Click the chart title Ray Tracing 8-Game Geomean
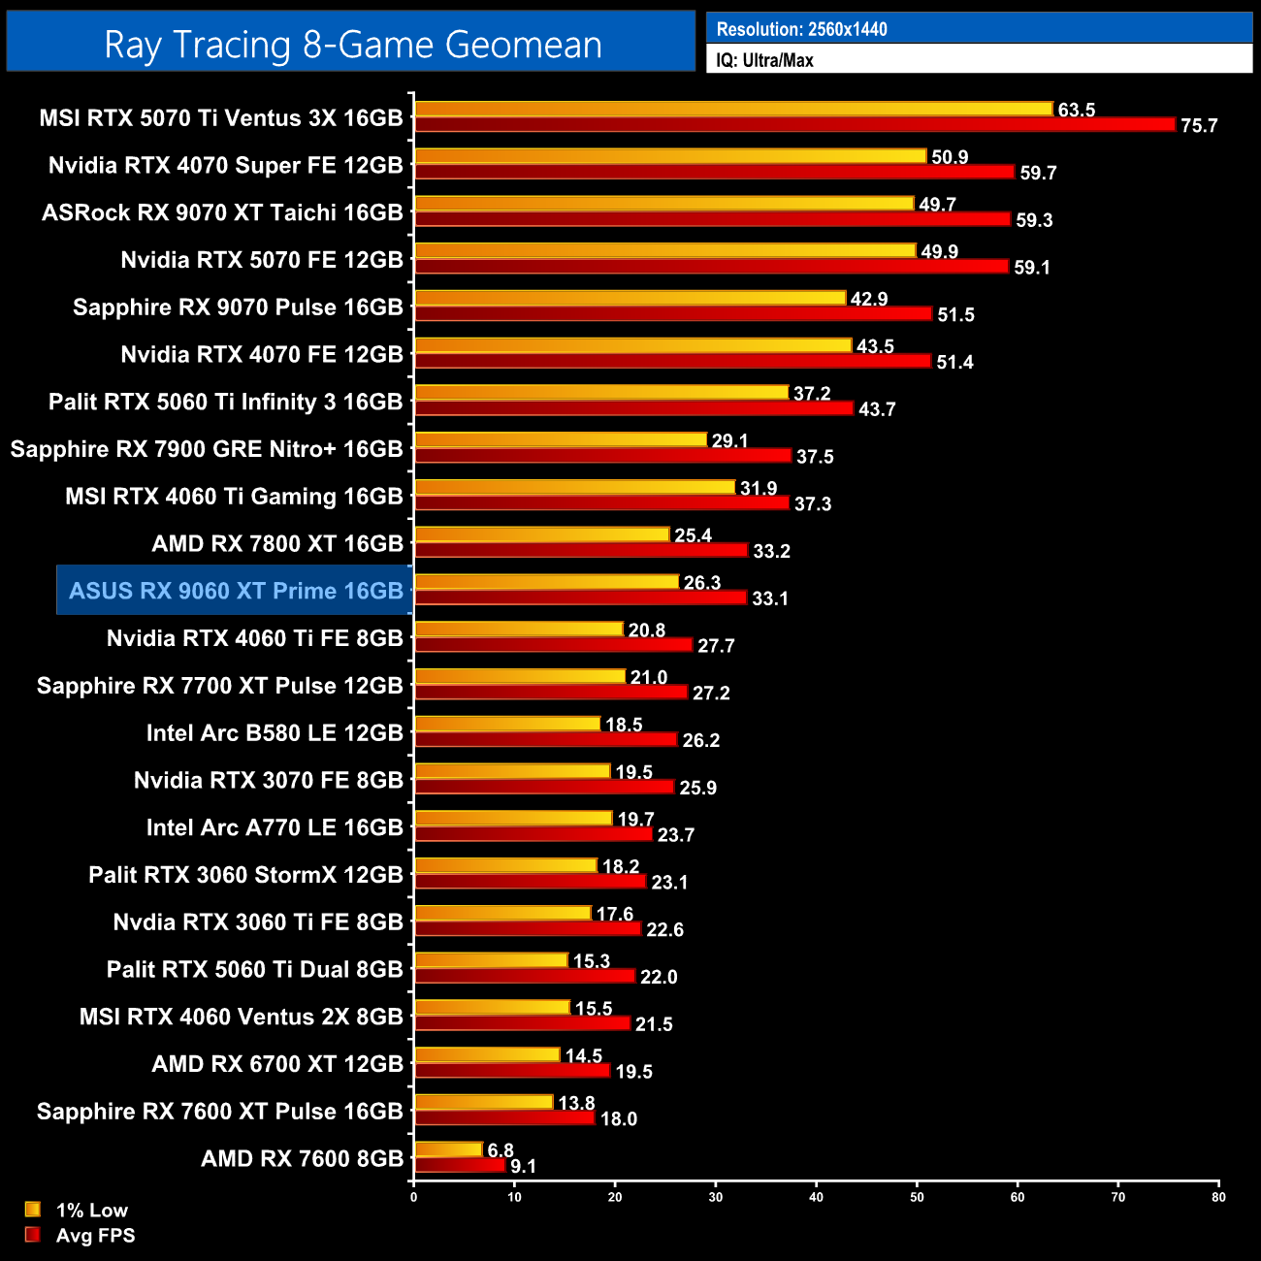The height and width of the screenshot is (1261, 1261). pos(352,45)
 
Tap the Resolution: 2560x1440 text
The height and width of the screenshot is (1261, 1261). pos(801,29)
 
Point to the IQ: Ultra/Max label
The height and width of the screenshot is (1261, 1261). pos(764,60)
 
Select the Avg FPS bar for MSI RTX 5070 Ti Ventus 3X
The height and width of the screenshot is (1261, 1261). pos(794,124)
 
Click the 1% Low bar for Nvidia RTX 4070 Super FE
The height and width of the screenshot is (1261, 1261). pos(670,156)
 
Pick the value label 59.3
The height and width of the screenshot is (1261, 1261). pos(1034,220)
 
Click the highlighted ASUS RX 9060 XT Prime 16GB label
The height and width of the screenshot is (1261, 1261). pos(236,591)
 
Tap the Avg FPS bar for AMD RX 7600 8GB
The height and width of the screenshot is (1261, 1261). pos(460,1165)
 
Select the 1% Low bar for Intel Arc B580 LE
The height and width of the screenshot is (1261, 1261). pos(507,724)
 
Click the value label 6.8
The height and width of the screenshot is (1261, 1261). pos(501,1150)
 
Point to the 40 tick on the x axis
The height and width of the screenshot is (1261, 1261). pos(817,1197)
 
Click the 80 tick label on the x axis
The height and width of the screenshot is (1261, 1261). pos(1218,1197)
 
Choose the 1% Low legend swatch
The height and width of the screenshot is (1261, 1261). pos(33,1210)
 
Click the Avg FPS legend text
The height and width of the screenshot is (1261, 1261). pos(95,1236)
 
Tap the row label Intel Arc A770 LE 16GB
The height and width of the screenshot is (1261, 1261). pos(275,827)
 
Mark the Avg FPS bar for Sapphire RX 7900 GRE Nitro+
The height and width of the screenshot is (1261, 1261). pos(603,456)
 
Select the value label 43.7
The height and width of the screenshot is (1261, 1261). pos(877,409)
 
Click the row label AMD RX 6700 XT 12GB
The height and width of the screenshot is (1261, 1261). pos(277,1064)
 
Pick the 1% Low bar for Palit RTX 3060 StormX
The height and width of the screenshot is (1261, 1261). pos(505,865)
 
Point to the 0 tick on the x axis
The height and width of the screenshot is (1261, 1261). pos(414,1197)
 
